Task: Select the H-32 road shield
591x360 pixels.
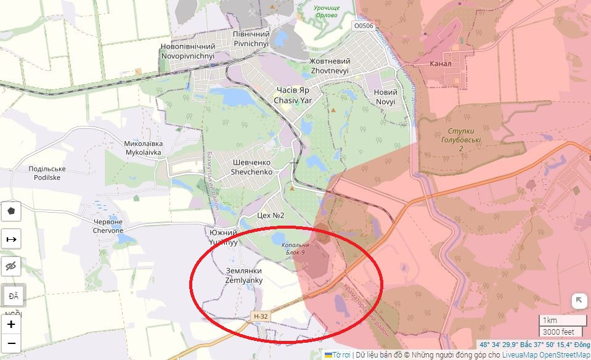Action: click(261, 316)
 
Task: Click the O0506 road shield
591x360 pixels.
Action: click(363, 26)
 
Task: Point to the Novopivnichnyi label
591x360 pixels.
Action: click(187, 51)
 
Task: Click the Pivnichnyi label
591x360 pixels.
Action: click(251, 39)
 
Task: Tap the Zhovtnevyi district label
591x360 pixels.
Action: click(330, 66)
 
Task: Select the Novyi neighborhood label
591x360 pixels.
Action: click(386, 97)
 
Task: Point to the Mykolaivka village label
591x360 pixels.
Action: click(143, 147)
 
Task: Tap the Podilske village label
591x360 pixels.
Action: click(47, 173)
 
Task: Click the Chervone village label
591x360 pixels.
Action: click(107, 226)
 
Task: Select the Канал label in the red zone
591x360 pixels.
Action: click(440, 63)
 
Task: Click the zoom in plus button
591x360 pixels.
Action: click(11, 324)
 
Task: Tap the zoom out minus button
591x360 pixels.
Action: click(11, 343)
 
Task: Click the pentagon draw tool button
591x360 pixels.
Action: click(11, 211)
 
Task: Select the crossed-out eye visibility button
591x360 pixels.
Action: click(11, 266)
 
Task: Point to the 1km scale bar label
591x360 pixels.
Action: click(550, 321)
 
